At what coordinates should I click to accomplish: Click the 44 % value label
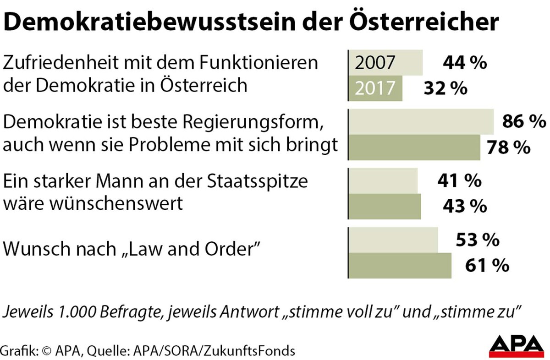464,63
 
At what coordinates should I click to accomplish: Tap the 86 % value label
524,121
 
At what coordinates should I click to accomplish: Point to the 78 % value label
508,147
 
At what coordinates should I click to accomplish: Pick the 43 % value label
464,206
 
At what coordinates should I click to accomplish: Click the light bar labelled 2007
385,63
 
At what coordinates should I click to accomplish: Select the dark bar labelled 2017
376,88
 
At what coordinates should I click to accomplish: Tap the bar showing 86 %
421,121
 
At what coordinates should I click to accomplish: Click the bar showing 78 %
414,147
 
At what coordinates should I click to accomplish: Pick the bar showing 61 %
400,265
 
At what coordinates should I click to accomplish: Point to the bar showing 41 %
383,180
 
